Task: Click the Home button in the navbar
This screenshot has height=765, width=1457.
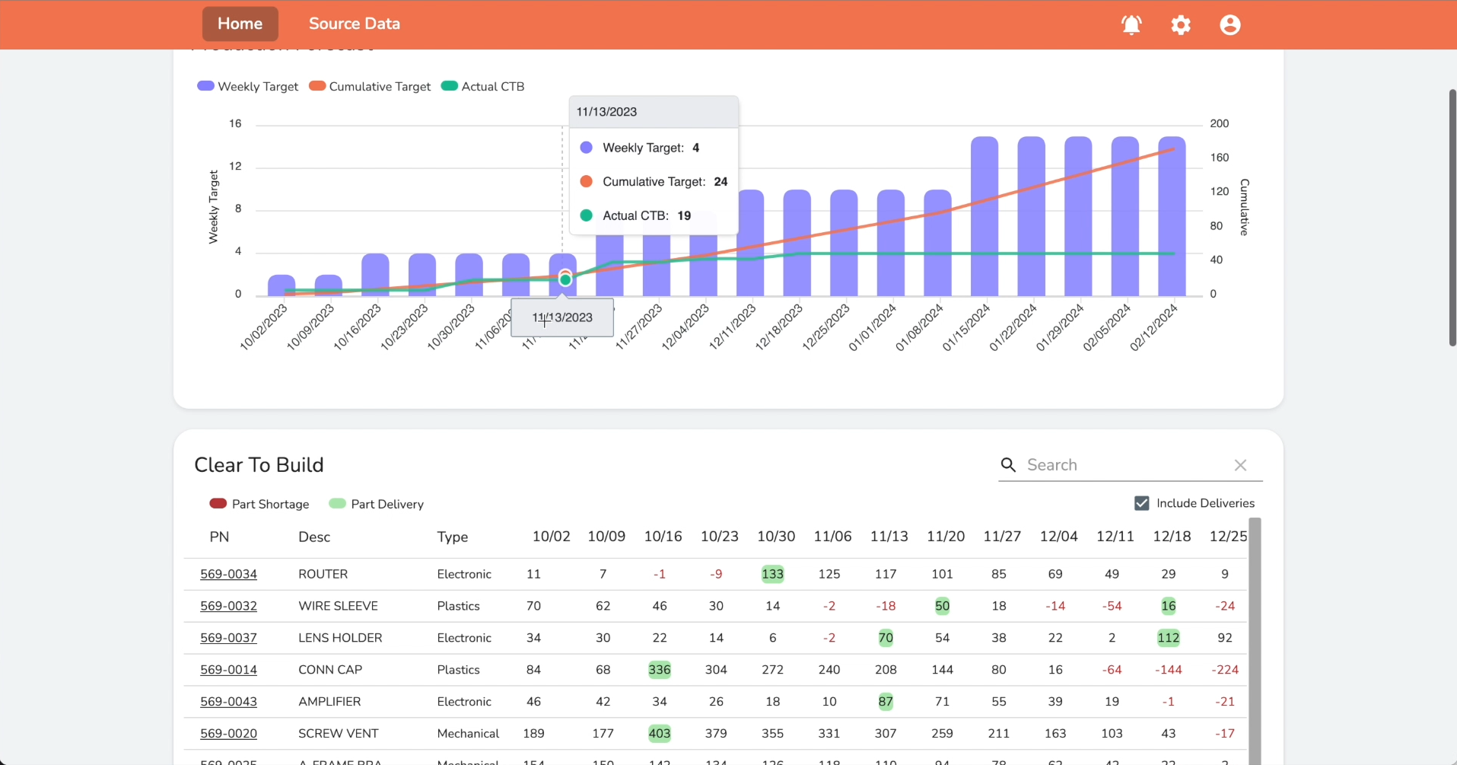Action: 240,24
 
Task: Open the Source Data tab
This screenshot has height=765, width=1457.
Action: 354,24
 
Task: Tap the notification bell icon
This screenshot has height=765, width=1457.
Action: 1131,25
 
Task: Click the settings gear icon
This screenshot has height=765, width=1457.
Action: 1180,25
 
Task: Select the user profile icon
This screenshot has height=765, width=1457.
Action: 1230,25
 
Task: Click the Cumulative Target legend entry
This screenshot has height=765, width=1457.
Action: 371,87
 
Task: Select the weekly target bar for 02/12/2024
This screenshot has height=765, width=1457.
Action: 1172,217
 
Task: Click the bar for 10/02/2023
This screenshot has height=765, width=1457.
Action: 282,285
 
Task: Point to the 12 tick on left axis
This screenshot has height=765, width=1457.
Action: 235,166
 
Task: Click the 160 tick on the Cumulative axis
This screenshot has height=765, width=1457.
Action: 1219,158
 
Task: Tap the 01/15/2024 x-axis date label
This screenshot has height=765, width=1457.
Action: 966,327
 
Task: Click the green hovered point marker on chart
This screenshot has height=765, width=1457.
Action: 565,280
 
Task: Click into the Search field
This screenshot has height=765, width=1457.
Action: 1122,465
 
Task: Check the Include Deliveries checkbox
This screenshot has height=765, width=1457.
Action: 1141,503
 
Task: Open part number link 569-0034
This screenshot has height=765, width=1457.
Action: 228,574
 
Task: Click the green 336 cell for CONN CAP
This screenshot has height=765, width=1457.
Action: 659,670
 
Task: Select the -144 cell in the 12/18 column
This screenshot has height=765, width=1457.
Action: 1168,670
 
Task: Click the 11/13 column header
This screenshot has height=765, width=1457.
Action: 889,537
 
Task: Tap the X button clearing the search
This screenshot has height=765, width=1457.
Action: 1240,465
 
